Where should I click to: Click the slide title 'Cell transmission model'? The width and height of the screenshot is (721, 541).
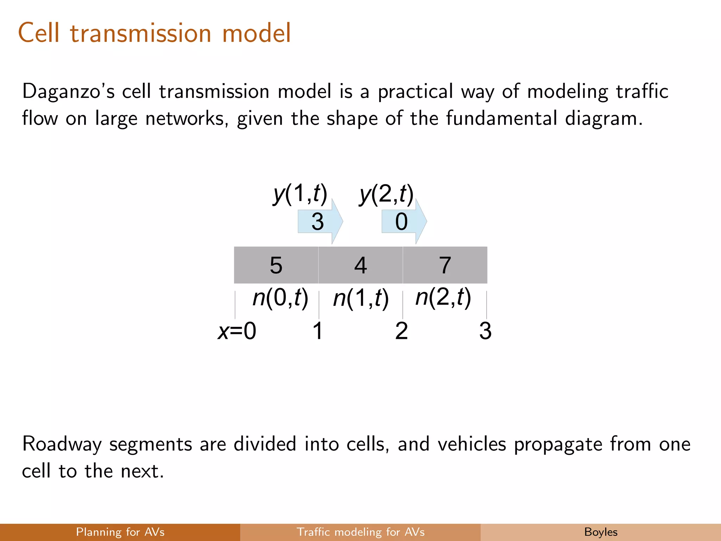155,33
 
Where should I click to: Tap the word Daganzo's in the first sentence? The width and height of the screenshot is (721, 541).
68,92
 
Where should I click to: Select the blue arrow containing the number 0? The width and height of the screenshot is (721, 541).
403,222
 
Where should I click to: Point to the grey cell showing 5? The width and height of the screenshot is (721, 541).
276,265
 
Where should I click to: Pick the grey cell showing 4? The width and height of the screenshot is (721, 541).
360,265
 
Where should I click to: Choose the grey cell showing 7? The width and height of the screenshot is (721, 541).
445,265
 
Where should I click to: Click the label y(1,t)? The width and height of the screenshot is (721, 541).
300,194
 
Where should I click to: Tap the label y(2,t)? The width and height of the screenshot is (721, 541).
386,194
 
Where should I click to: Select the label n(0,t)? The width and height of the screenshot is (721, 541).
280,298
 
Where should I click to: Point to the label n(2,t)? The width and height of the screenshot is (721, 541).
443,298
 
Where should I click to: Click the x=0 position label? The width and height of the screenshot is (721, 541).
237,331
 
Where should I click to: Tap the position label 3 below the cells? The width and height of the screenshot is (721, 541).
485,331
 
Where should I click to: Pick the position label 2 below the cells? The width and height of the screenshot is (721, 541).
401,331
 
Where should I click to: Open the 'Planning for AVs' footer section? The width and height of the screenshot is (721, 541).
120,532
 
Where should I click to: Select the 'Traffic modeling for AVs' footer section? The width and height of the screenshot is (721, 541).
360,532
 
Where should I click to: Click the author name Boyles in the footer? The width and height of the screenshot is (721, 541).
601,532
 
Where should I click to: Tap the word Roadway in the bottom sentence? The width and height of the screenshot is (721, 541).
62,444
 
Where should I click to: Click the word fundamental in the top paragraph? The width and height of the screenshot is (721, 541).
502,118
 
